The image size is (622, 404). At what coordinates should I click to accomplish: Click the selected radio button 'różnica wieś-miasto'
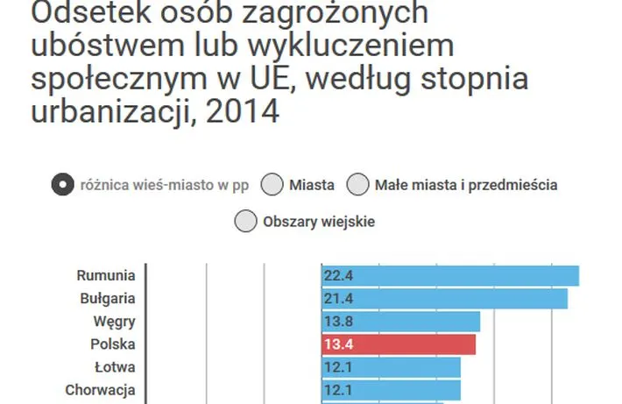(x=62, y=185)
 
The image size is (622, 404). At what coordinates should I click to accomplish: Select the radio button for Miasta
(x=272, y=185)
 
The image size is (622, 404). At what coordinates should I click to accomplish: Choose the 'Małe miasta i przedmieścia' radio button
(x=357, y=185)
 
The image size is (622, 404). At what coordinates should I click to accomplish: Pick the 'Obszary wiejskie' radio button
(x=245, y=221)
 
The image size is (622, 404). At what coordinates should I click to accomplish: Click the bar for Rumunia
(x=450, y=276)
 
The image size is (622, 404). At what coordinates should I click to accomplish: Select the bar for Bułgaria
(x=444, y=299)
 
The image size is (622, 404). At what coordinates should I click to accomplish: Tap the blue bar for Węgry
(x=400, y=322)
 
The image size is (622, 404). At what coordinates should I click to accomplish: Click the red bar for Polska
(x=399, y=344)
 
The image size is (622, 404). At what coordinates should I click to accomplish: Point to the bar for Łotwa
(x=391, y=367)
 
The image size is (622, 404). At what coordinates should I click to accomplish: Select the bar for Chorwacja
(x=391, y=390)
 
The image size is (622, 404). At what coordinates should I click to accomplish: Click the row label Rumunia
(x=105, y=276)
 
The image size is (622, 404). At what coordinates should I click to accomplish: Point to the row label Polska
(x=113, y=344)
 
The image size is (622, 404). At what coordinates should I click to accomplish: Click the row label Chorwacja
(x=100, y=390)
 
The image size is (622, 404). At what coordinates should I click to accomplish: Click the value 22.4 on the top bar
(x=337, y=276)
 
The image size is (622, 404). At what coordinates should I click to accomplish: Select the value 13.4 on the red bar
(x=337, y=344)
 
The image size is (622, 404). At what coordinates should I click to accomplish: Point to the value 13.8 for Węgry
(x=337, y=322)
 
